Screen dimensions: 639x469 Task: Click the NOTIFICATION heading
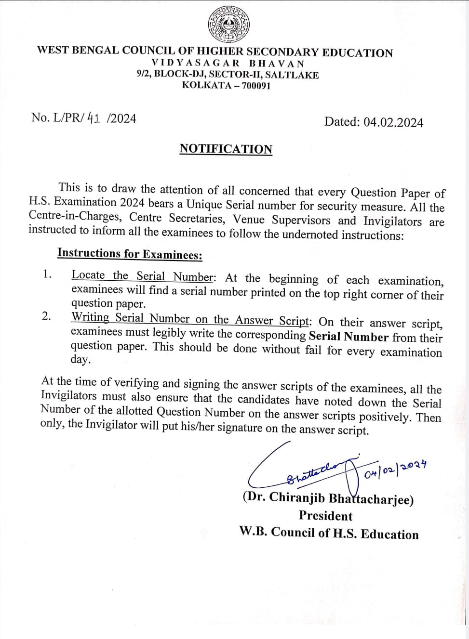(x=226, y=149)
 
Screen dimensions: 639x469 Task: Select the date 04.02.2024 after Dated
(x=393, y=122)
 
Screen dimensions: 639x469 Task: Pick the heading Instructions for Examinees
(x=130, y=253)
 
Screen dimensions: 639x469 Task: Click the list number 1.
(x=47, y=274)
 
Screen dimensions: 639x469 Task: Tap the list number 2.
(x=46, y=316)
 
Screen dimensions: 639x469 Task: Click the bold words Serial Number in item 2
(x=348, y=337)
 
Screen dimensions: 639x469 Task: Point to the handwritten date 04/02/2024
(x=395, y=469)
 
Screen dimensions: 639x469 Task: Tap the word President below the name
(x=325, y=516)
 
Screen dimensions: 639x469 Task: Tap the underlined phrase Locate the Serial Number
(x=142, y=276)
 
